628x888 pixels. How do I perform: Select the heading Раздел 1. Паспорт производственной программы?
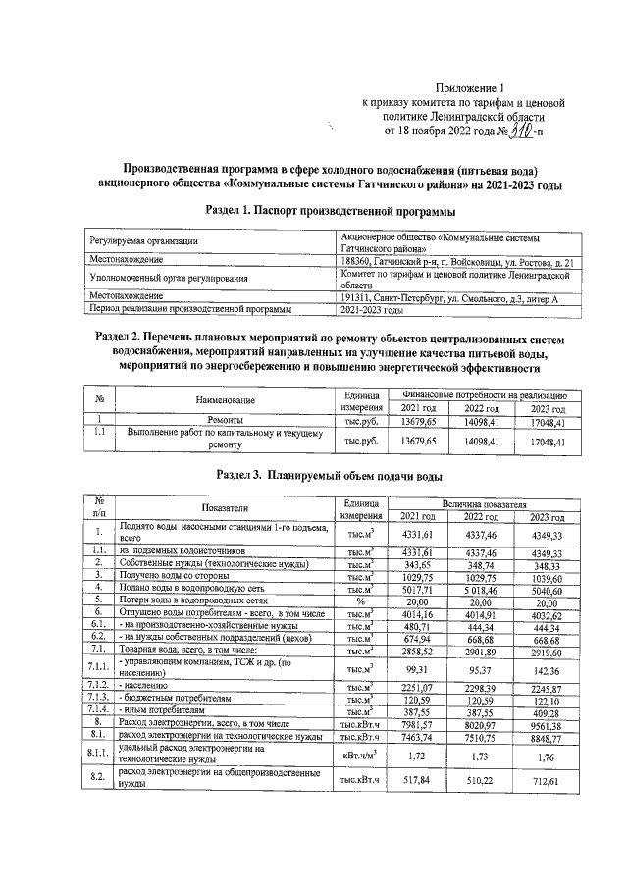(314, 210)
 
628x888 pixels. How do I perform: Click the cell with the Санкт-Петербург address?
(447, 296)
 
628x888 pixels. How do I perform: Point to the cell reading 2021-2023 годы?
(372, 309)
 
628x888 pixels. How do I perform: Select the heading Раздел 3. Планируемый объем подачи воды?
(314, 475)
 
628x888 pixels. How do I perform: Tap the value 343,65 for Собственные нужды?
(418, 567)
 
